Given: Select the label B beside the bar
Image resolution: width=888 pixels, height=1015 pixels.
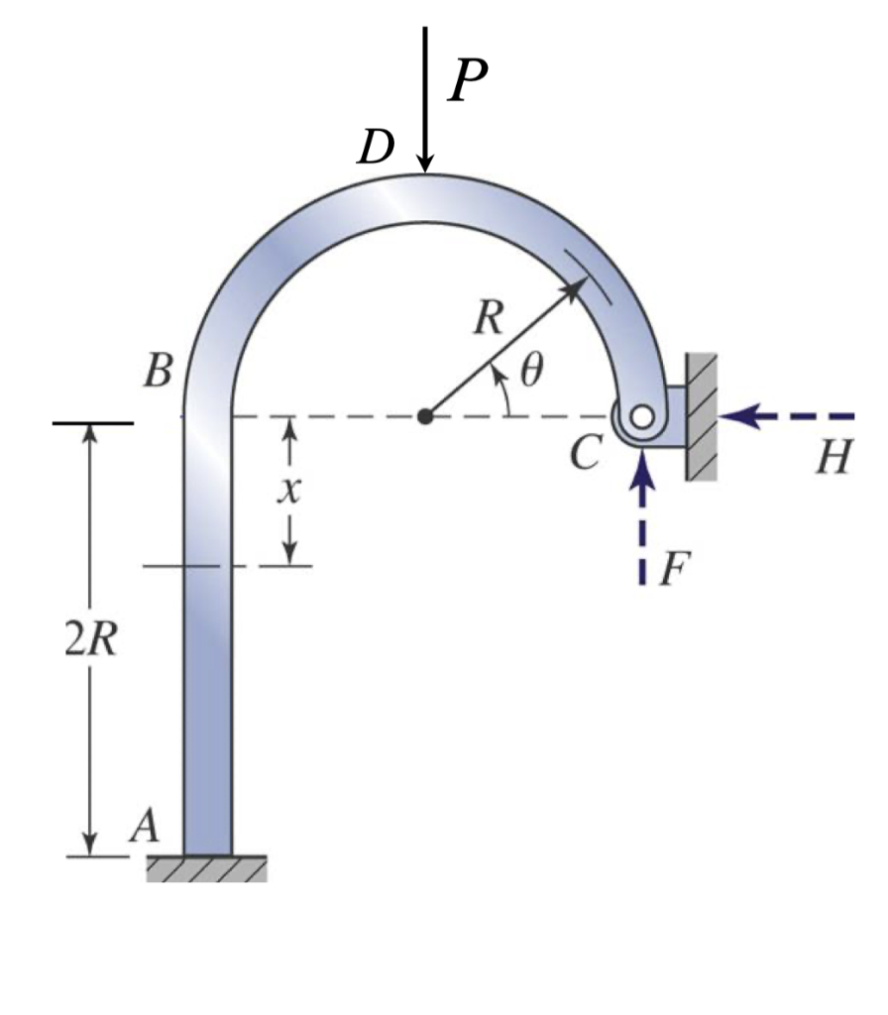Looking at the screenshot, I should pyautogui.click(x=159, y=373).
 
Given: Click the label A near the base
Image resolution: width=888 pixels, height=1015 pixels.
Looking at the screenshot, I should pyautogui.click(x=146, y=826).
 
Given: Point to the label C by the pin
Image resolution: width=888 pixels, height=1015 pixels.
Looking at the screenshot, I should pyautogui.click(x=585, y=454).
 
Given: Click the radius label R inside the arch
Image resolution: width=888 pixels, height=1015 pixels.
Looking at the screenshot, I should pyautogui.click(x=488, y=319).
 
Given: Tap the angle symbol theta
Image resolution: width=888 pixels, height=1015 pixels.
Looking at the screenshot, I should pyautogui.click(x=532, y=370).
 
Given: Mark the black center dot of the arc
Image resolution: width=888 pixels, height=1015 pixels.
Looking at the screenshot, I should pyautogui.click(x=425, y=416).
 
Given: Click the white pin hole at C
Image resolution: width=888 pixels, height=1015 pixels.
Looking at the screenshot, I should pyautogui.click(x=643, y=417).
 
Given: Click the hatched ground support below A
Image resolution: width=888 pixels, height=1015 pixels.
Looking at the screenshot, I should pyautogui.click(x=206, y=868).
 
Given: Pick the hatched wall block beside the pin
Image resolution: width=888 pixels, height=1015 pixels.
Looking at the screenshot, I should pyautogui.click(x=701, y=416).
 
